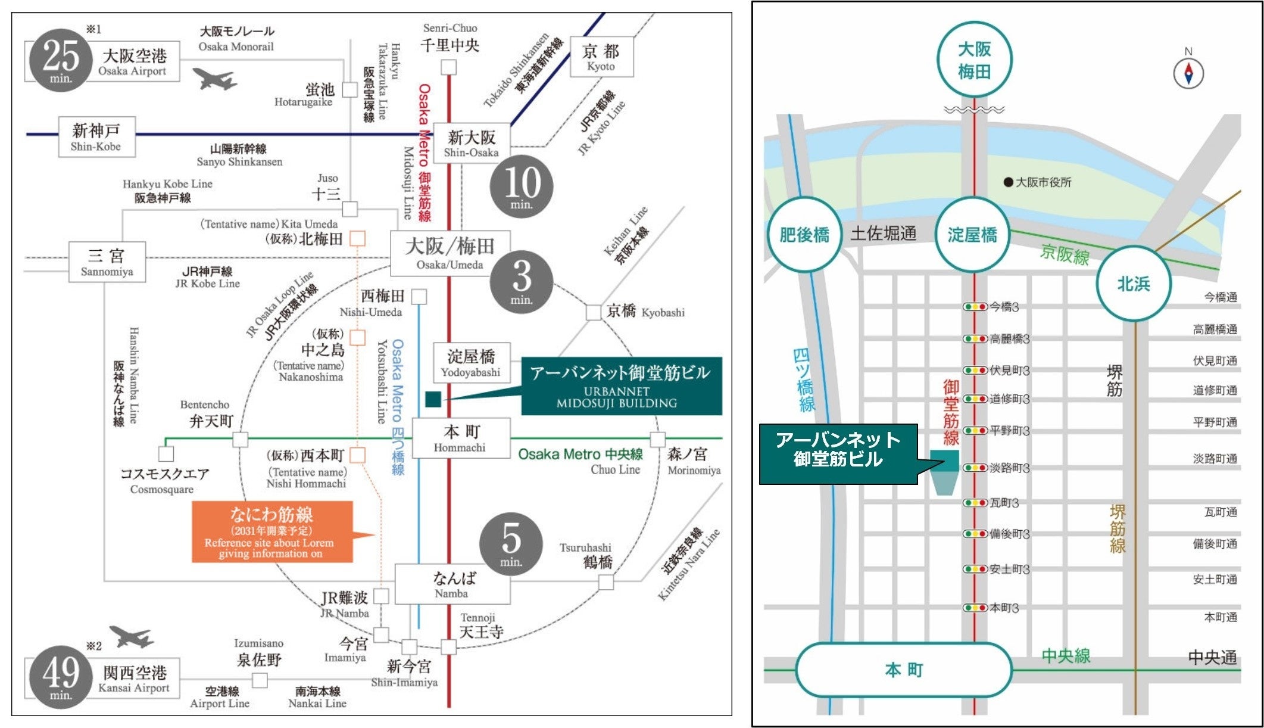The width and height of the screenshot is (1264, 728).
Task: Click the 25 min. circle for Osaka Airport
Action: [61, 61]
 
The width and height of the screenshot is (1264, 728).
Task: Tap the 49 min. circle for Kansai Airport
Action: [61, 677]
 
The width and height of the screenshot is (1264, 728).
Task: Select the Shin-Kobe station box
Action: [96, 137]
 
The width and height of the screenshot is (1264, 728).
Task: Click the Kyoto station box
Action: [601, 57]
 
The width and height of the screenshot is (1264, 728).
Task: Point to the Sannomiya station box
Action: [107, 262]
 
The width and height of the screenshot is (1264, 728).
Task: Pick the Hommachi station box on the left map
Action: [461, 438]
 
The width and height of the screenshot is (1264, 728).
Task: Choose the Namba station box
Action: [453, 584]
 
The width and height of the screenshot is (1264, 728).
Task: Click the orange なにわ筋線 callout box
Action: [272, 532]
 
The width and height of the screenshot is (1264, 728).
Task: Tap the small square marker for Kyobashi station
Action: [594, 312]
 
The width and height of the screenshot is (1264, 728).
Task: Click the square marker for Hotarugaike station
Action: [350, 90]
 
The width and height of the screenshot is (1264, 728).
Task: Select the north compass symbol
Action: [1188, 74]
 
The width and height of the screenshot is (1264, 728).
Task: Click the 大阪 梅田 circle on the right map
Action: [974, 60]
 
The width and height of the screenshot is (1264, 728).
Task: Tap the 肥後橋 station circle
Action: [804, 235]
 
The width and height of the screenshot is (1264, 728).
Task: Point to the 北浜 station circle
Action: [1134, 284]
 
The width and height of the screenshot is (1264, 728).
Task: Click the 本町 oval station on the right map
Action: [904, 670]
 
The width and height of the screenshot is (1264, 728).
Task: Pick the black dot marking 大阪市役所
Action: [1008, 182]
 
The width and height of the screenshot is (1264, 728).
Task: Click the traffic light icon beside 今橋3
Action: [975, 307]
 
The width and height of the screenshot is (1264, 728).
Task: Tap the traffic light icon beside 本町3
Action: [975, 608]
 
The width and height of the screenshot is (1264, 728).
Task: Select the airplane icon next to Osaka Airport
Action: [215, 79]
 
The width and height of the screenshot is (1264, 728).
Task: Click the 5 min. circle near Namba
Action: [511, 543]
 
